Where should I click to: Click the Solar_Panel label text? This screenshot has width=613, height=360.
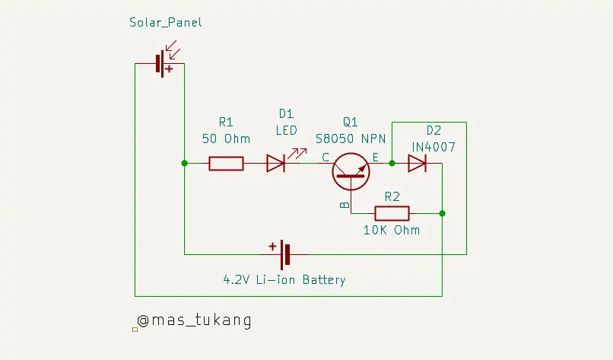166,23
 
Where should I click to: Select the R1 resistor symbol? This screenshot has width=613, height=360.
226,163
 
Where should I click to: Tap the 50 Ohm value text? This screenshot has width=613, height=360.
226,139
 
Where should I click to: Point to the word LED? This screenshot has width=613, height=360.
286,130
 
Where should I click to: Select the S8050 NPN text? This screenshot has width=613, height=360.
351,139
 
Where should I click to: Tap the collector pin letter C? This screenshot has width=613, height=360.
325,158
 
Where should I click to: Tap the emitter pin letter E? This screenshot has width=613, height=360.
376,158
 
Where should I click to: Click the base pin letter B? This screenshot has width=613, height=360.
344,205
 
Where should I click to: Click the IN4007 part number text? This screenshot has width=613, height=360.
434,146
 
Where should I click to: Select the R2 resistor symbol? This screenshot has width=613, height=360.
392,213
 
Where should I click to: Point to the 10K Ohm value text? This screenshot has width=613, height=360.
392,230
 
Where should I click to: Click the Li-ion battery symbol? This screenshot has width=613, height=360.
283,254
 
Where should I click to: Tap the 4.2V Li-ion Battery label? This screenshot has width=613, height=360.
284,279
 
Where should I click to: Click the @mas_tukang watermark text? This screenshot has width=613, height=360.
193,320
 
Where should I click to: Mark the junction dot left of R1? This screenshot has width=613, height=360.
184,163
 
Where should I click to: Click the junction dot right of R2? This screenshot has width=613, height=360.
442,213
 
